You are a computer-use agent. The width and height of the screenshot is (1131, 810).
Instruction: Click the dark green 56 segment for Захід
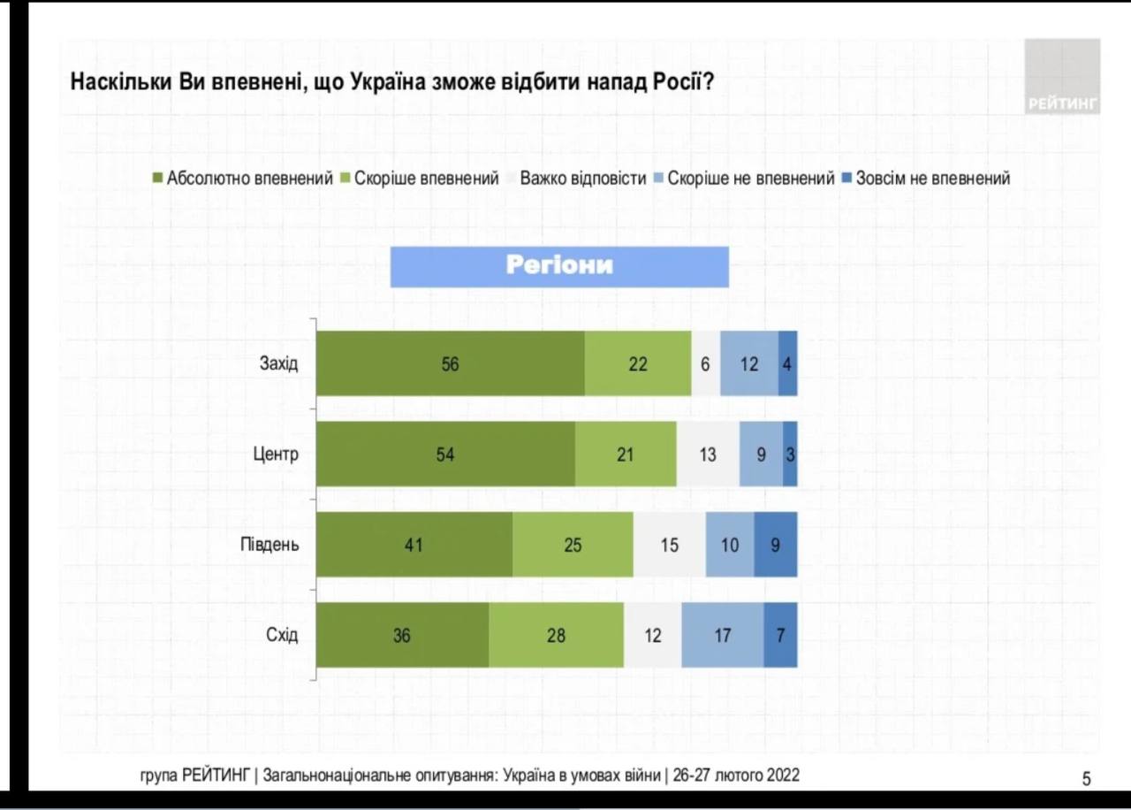point(450,363)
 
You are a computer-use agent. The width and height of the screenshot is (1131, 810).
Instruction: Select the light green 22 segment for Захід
point(638,363)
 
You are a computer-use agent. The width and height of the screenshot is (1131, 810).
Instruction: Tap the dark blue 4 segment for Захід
point(787,363)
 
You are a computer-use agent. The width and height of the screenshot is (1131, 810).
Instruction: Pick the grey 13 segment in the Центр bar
point(708,455)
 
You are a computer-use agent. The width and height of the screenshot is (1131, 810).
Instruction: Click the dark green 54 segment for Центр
point(445,455)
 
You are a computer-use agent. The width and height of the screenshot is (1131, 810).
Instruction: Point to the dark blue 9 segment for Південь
point(775,545)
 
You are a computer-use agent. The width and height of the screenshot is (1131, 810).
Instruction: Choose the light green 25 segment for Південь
point(573,545)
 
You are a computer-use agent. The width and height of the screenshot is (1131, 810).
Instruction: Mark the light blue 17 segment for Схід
point(722,635)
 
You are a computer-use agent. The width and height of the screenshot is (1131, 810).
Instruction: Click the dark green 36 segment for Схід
point(402,635)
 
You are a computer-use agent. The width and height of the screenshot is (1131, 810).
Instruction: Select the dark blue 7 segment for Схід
point(780,635)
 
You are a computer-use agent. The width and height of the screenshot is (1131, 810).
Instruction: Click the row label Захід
point(278,363)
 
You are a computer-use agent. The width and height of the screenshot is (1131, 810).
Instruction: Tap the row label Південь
point(269,544)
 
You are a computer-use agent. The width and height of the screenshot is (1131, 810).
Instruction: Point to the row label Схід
point(282,635)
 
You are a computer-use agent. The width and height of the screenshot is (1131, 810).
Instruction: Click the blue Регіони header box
point(559,266)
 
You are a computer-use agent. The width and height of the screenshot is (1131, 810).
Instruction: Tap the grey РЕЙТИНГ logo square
point(1063,76)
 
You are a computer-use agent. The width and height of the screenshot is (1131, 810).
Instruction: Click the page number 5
point(1086,779)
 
